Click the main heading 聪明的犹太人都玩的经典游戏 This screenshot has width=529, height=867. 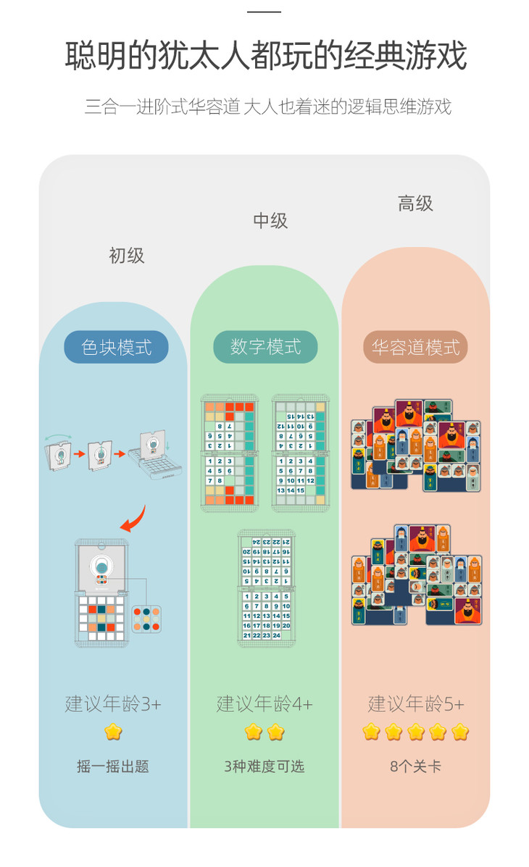tap(265, 56)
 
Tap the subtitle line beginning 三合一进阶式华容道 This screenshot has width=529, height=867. tap(267, 107)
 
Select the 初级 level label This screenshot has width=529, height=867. tap(127, 255)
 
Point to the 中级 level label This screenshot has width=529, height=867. tap(270, 221)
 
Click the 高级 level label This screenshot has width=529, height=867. tap(415, 204)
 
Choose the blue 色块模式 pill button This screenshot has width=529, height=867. tap(116, 347)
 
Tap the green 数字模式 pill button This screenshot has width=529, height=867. tap(265, 347)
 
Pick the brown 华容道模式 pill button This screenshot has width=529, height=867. tap(415, 347)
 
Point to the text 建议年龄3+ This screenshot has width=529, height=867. tap(113, 703)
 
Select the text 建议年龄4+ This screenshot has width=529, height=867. tap(264, 703)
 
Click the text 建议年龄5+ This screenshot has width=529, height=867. tap(416, 703)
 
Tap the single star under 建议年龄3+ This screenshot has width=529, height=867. tap(113, 732)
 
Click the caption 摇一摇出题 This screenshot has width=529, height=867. tap(113, 766)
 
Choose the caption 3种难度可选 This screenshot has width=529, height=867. tap(264, 766)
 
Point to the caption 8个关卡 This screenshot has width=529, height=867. tap(415, 766)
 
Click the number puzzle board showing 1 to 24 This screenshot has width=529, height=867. tap(266, 588)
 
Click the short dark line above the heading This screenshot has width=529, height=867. tap(264, 12)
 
